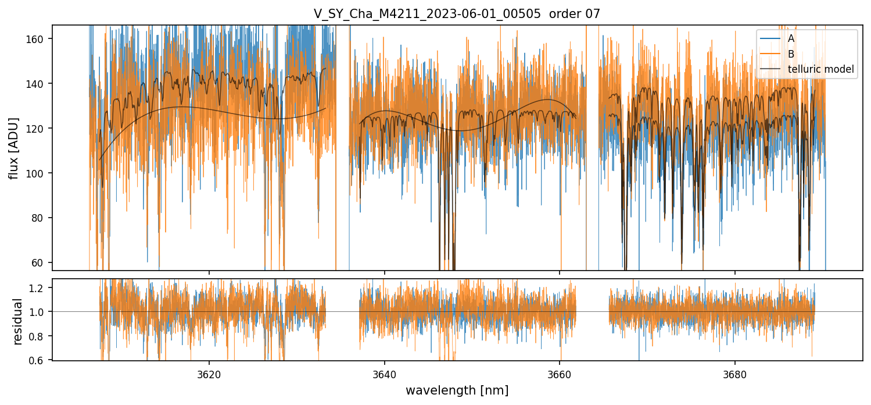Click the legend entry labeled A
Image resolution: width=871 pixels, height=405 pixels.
click(791, 38)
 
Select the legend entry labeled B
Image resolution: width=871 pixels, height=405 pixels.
click(791, 54)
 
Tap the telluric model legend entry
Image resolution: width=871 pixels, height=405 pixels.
click(820, 69)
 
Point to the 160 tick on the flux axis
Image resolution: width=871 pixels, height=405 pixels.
click(39, 39)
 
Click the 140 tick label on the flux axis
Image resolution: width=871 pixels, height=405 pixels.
click(39, 84)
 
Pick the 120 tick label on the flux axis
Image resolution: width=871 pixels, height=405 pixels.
click(39, 129)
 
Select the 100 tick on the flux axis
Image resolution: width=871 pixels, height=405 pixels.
click(39, 173)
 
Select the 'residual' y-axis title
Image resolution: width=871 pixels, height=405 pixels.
click(17, 321)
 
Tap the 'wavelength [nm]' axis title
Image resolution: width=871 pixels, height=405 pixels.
click(457, 390)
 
